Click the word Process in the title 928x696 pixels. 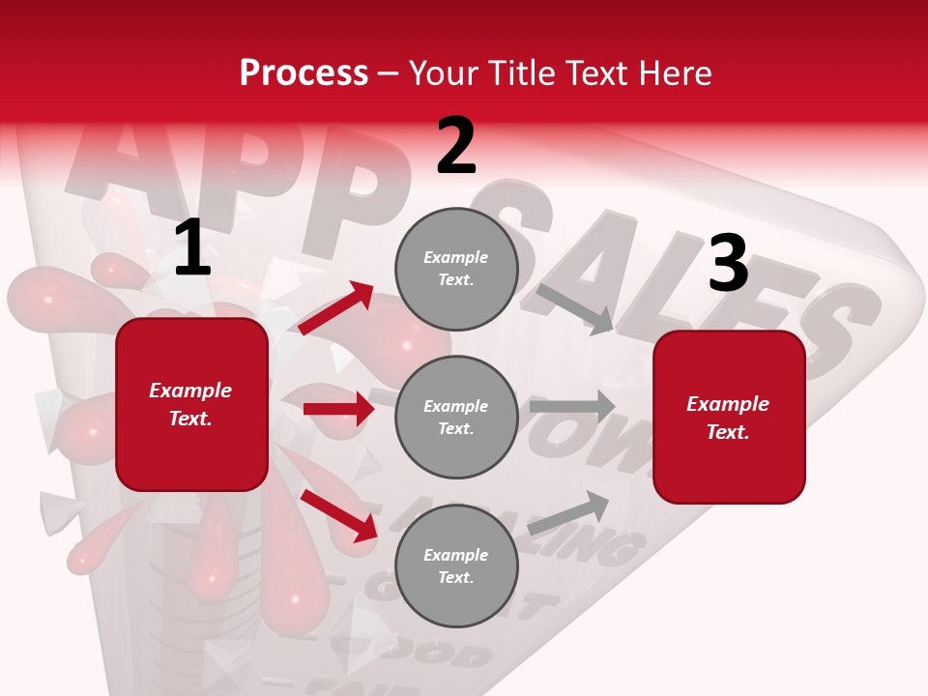tap(304, 73)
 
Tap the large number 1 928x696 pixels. tap(192, 248)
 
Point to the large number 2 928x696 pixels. tap(456, 146)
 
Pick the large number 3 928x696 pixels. tap(728, 263)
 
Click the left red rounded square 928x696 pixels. tap(191, 404)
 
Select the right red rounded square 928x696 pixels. tap(729, 417)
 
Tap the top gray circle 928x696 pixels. tap(456, 269)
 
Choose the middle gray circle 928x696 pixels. tap(456, 418)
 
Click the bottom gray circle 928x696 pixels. tap(456, 566)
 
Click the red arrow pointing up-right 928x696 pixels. tap(336, 308)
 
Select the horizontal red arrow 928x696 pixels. tap(338, 409)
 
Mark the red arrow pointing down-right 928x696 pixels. tap(339, 515)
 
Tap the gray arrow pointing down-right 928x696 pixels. tap(576, 308)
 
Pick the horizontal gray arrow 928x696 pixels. tap(575, 406)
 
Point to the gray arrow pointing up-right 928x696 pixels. tap(569, 511)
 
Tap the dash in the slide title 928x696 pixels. tap(389, 73)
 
